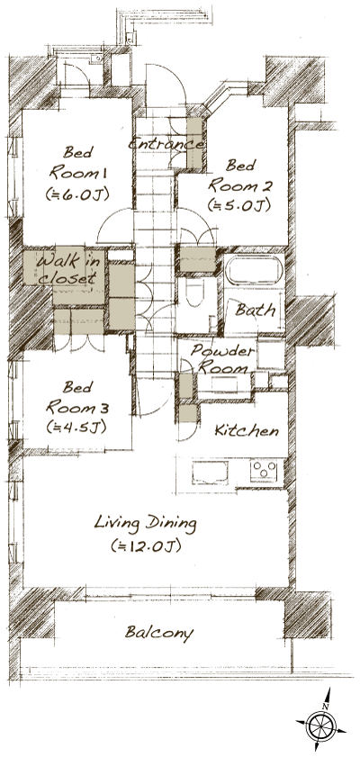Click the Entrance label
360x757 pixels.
(166, 144)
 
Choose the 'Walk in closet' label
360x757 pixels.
(66, 269)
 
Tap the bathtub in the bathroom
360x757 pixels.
(253, 273)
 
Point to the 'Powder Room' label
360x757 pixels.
(223, 359)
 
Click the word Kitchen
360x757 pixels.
(246, 431)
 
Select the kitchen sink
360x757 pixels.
(209, 473)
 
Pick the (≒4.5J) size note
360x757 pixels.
(76, 426)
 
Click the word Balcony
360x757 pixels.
(159, 633)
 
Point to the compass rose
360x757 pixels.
(321, 725)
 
